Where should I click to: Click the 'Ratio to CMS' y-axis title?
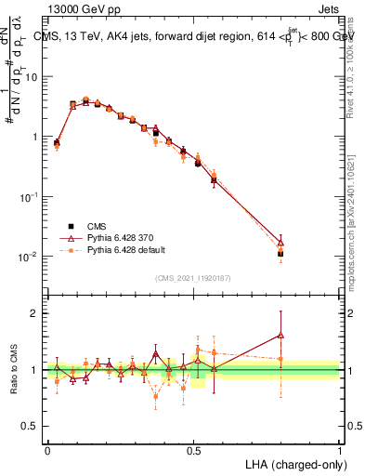click(x=14, y=369)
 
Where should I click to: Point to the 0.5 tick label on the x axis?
click(x=193, y=448)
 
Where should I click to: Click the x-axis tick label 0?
click(x=47, y=448)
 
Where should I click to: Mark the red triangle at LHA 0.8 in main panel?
click(x=280, y=242)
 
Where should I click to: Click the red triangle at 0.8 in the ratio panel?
click(x=280, y=336)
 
